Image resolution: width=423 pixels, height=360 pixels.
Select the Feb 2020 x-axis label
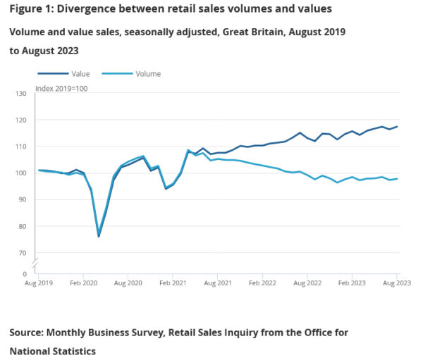(x=83, y=283)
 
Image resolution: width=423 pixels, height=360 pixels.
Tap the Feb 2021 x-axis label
(x=173, y=283)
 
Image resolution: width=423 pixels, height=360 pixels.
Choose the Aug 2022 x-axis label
(x=307, y=283)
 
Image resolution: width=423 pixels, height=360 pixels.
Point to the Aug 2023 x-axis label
(x=396, y=283)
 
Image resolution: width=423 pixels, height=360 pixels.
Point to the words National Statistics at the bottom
(x=52, y=350)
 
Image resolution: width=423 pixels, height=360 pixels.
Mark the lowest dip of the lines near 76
(x=99, y=236)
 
